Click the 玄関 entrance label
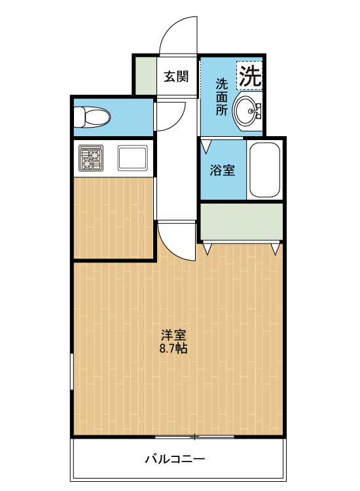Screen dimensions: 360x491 pyautogui.click(x=176, y=77)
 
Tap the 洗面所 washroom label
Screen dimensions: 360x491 pyautogui.click(x=222, y=98)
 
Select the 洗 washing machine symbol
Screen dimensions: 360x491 pyautogui.click(x=250, y=75)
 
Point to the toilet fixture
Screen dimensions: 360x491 pyautogui.click(x=92, y=117)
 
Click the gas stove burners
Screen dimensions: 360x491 pyautogui.click(x=91, y=158)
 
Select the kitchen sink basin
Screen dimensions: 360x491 pyautogui.click(x=132, y=158)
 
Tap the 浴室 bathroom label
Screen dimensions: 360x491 pyautogui.click(x=222, y=170)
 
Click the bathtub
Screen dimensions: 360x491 pyautogui.click(x=265, y=170)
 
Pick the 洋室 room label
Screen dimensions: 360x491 pyautogui.click(x=173, y=335)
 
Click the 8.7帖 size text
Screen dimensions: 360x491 pyautogui.click(x=173, y=348)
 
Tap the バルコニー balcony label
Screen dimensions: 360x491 pyautogui.click(x=175, y=459)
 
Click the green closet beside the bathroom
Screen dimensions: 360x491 pyautogui.click(x=242, y=221)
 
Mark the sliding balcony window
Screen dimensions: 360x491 pyautogui.click(x=194, y=437)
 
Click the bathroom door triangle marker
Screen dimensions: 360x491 pyautogui.click(x=206, y=146)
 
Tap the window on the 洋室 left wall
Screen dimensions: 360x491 pyautogui.click(x=72, y=371)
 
